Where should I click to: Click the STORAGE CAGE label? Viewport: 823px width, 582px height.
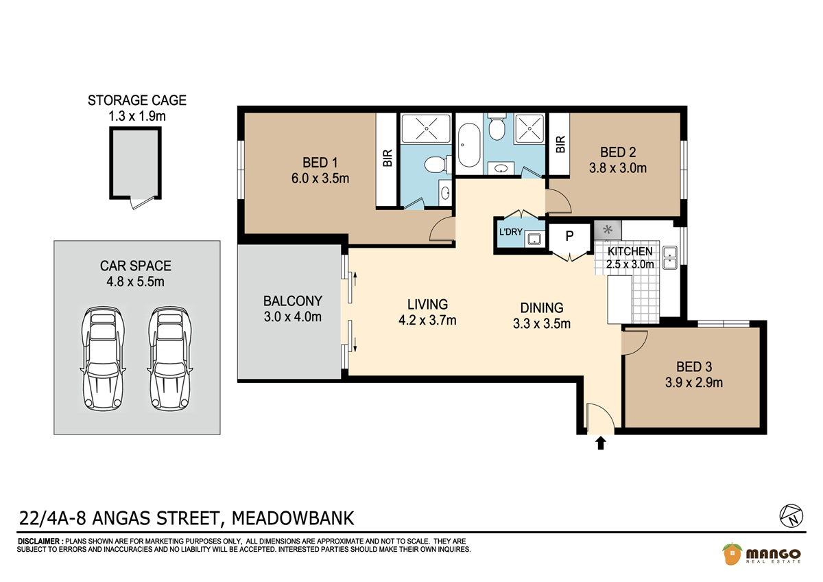(x=137, y=100)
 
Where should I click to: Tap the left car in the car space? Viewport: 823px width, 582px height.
(x=103, y=359)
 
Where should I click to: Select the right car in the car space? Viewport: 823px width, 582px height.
(x=170, y=359)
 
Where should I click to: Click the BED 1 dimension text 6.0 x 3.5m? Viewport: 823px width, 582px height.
(x=320, y=178)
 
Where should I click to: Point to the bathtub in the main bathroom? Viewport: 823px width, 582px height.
(x=469, y=145)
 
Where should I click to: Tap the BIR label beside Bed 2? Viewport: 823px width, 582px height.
(x=560, y=145)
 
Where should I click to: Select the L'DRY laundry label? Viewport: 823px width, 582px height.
(x=511, y=232)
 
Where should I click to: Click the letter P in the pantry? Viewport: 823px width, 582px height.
(x=569, y=235)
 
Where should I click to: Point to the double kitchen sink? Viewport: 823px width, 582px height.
(x=670, y=258)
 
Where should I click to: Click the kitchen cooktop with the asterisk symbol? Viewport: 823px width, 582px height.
(x=608, y=230)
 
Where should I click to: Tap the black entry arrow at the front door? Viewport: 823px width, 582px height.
(x=601, y=443)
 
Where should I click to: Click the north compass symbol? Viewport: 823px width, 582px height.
(x=791, y=516)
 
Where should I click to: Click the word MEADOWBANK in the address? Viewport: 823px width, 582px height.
(x=293, y=518)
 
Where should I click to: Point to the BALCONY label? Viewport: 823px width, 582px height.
(x=293, y=301)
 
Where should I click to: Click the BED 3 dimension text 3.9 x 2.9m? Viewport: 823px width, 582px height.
(x=693, y=383)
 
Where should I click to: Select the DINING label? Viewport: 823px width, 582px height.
(x=542, y=307)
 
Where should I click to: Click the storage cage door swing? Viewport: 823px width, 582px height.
(x=143, y=202)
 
